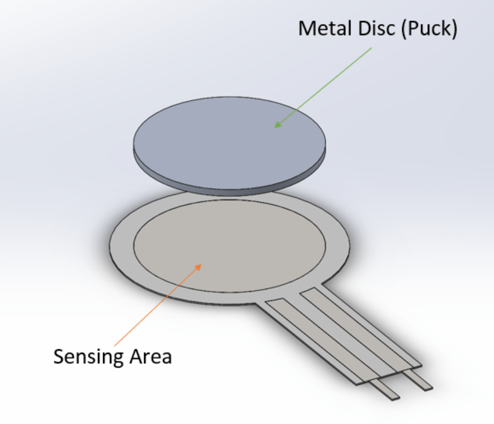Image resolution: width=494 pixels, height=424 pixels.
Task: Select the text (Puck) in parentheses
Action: [428, 28]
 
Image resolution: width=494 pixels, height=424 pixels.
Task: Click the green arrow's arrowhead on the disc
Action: [277, 125]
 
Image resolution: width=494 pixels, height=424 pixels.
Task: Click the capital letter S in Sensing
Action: [58, 357]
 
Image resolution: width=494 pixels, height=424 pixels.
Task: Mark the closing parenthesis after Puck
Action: [454, 29]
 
